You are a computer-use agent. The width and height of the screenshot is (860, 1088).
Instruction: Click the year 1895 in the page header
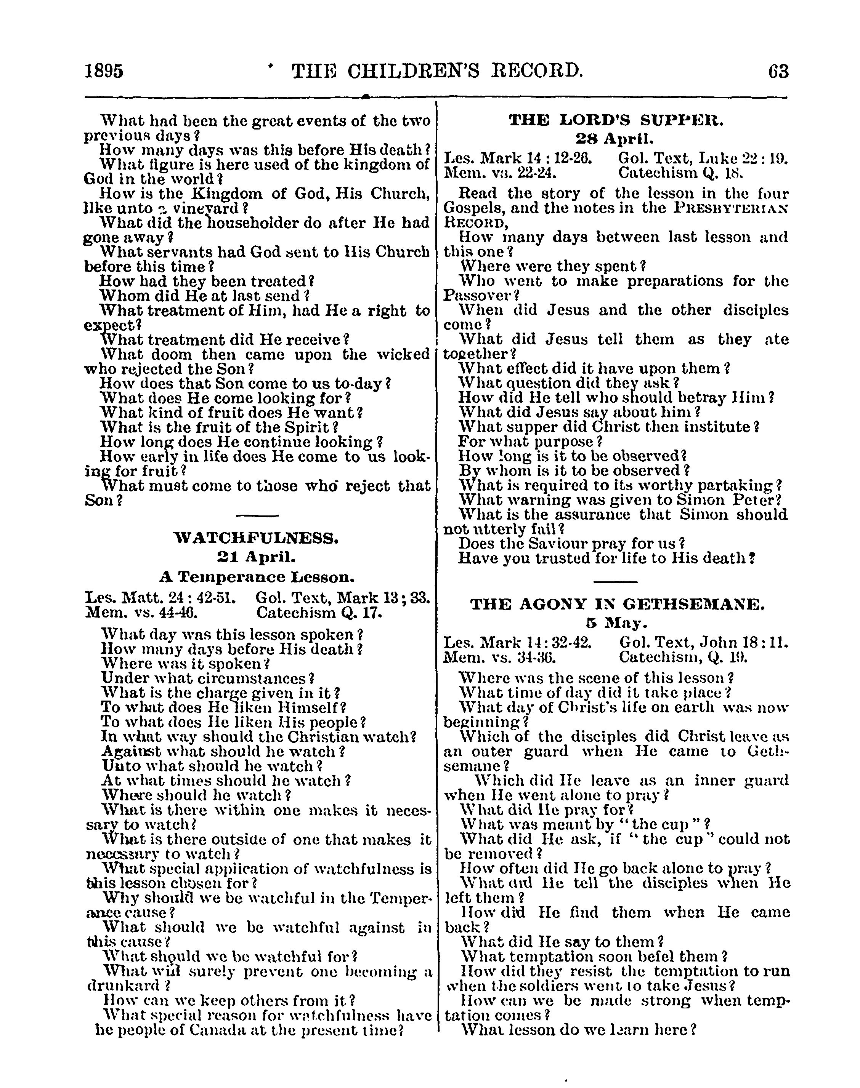point(104,71)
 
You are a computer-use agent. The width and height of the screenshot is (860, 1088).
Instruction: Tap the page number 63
point(778,71)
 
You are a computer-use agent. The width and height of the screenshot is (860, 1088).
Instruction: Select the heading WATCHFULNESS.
point(256,539)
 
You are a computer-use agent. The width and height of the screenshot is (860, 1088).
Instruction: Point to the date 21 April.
point(256,557)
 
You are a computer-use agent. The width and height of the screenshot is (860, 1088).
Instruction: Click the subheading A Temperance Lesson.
point(256,576)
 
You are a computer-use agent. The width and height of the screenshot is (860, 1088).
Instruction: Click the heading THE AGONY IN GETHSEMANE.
point(617,605)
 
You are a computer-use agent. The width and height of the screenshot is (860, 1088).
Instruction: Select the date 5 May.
point(616,624)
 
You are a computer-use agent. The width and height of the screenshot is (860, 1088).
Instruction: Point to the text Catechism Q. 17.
point(319,613)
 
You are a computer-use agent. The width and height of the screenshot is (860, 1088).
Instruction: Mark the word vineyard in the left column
point(202,208)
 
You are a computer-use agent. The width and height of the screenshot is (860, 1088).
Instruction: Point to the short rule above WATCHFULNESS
point(257,516)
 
